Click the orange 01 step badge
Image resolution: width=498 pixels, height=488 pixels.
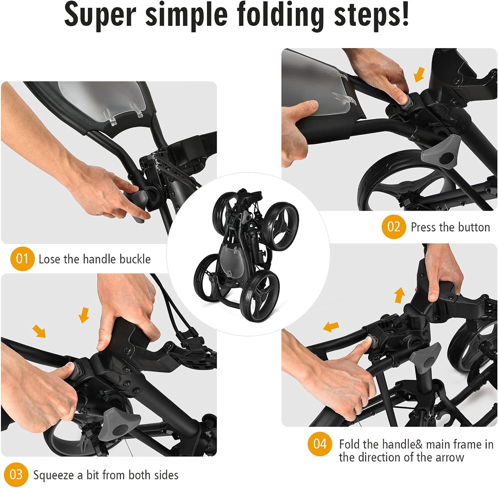(x=22, y=259)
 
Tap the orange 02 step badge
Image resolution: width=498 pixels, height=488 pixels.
(x=394, y=227)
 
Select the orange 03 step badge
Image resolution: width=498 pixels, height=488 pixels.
(x=16, y=475)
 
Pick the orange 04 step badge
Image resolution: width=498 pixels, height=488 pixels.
(x=320, y=444)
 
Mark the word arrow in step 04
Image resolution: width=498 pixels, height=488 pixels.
(x=450, y=458)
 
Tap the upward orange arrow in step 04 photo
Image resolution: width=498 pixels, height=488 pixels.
(x=399, y=295)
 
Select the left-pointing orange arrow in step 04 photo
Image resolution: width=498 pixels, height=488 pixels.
(x=331, y=327)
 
